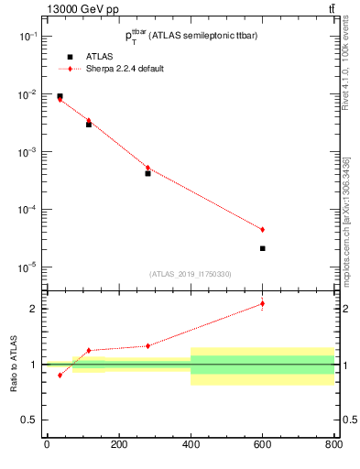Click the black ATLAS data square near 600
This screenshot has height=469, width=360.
coord(262,248)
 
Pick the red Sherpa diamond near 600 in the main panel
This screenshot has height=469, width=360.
coord(262,229)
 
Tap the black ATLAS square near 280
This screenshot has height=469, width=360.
coord(147,173)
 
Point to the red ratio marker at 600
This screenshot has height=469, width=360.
coord(262,303)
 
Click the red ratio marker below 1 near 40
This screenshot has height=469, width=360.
coord(60,375)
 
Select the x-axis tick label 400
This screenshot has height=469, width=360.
coord(191,444)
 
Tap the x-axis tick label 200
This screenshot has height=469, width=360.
coord(118,444)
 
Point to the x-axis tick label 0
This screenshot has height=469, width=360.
coord(47,444)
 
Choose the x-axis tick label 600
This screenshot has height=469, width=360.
coord(262,444)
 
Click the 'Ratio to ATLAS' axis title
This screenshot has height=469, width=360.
coord(12,364)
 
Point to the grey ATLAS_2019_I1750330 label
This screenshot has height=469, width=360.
coord(191,274)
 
